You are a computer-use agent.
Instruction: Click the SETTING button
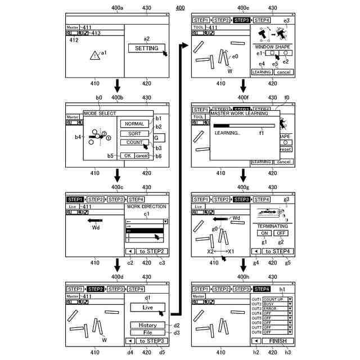coord(146,48)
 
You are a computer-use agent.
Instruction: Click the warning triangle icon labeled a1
coord(93,55)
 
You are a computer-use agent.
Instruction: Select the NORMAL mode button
coord(134,124)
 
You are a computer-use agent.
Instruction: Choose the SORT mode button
coord(134,134)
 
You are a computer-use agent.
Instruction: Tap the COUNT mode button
coord(134,143)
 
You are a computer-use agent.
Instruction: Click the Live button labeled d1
coord(147,308)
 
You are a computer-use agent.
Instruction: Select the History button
coord(147,325)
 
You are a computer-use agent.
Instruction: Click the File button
coord(147,332)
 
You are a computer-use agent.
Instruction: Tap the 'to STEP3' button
coord(151,341)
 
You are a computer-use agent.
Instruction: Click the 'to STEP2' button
coord(151,251)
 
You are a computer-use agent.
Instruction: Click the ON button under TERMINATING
coord(264,233)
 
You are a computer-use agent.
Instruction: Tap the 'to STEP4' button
coord(277,251)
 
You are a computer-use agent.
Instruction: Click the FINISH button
coord(278,341)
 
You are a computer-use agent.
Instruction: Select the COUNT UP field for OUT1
coord(275,299)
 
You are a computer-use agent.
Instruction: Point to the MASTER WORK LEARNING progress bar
coord(244,127)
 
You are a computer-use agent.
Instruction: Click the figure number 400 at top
coord(180,7)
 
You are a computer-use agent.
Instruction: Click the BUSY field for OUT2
coord(275,304)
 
